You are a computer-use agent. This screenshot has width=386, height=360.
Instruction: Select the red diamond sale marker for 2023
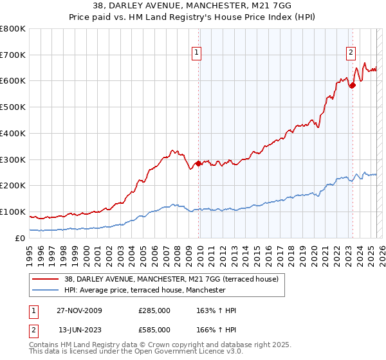point(353,85)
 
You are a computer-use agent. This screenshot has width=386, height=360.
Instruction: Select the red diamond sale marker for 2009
point(198,163)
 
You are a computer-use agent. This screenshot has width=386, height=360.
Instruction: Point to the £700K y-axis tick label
point(14,55)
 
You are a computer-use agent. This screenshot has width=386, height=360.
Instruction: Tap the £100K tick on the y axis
point(14,212)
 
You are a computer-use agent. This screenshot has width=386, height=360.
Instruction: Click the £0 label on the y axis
point(20,238)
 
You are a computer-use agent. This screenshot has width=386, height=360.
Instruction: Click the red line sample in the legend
point(44,279)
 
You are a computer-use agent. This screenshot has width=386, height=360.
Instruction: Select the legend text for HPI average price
point(145,291)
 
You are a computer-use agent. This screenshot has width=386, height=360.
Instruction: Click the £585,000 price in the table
point(154,330)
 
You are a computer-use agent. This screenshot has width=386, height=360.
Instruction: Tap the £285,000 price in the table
point(154,310)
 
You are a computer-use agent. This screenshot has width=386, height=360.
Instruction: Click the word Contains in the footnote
point(44,345)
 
